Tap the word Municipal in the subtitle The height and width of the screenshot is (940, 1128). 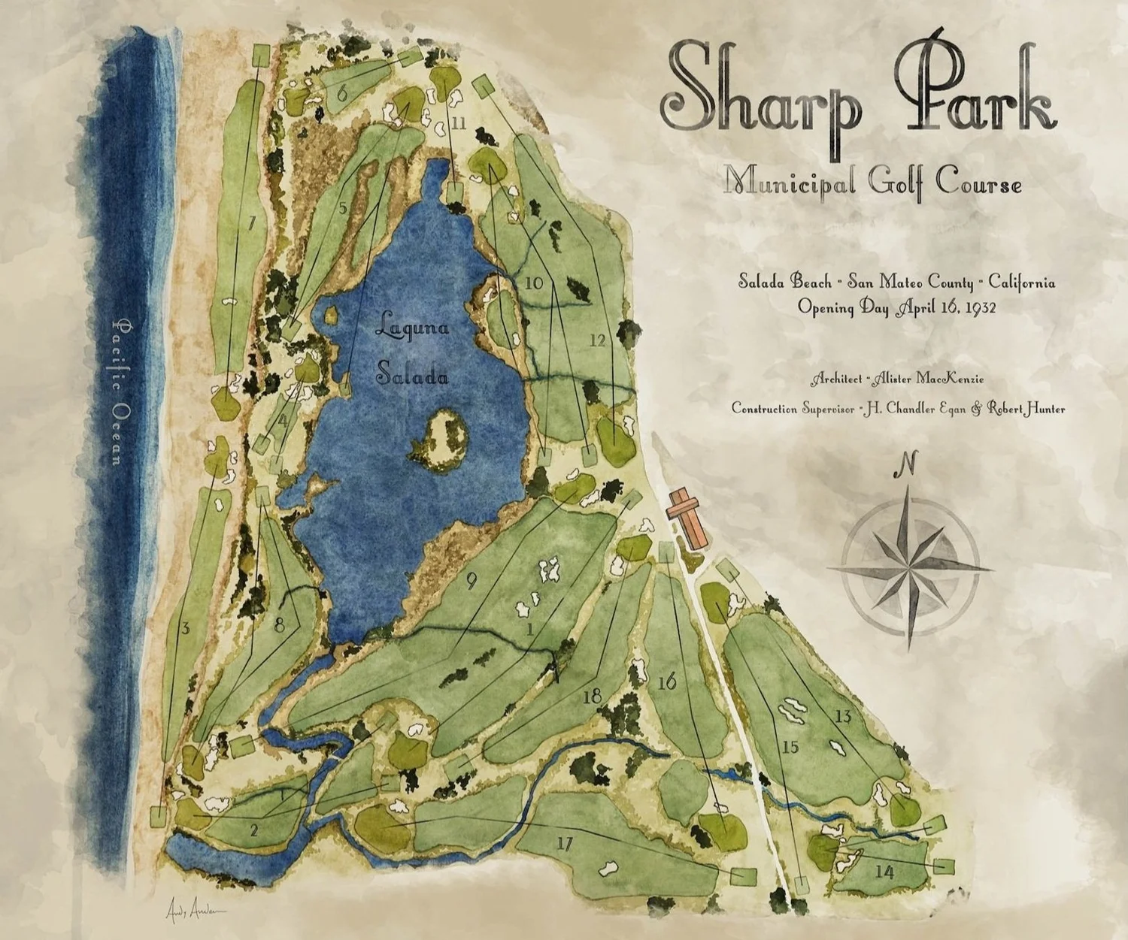790,182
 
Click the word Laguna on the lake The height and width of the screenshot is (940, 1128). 412,328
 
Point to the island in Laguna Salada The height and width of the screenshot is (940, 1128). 441,440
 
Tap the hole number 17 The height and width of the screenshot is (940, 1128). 565,844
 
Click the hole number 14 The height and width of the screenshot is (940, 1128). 884,872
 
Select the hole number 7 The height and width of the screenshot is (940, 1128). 251,222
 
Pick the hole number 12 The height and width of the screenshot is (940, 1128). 598,340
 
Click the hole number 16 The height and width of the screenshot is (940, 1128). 667,682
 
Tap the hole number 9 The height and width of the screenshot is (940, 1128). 472,580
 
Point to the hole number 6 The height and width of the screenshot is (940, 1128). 341,94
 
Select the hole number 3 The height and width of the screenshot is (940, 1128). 184,628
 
